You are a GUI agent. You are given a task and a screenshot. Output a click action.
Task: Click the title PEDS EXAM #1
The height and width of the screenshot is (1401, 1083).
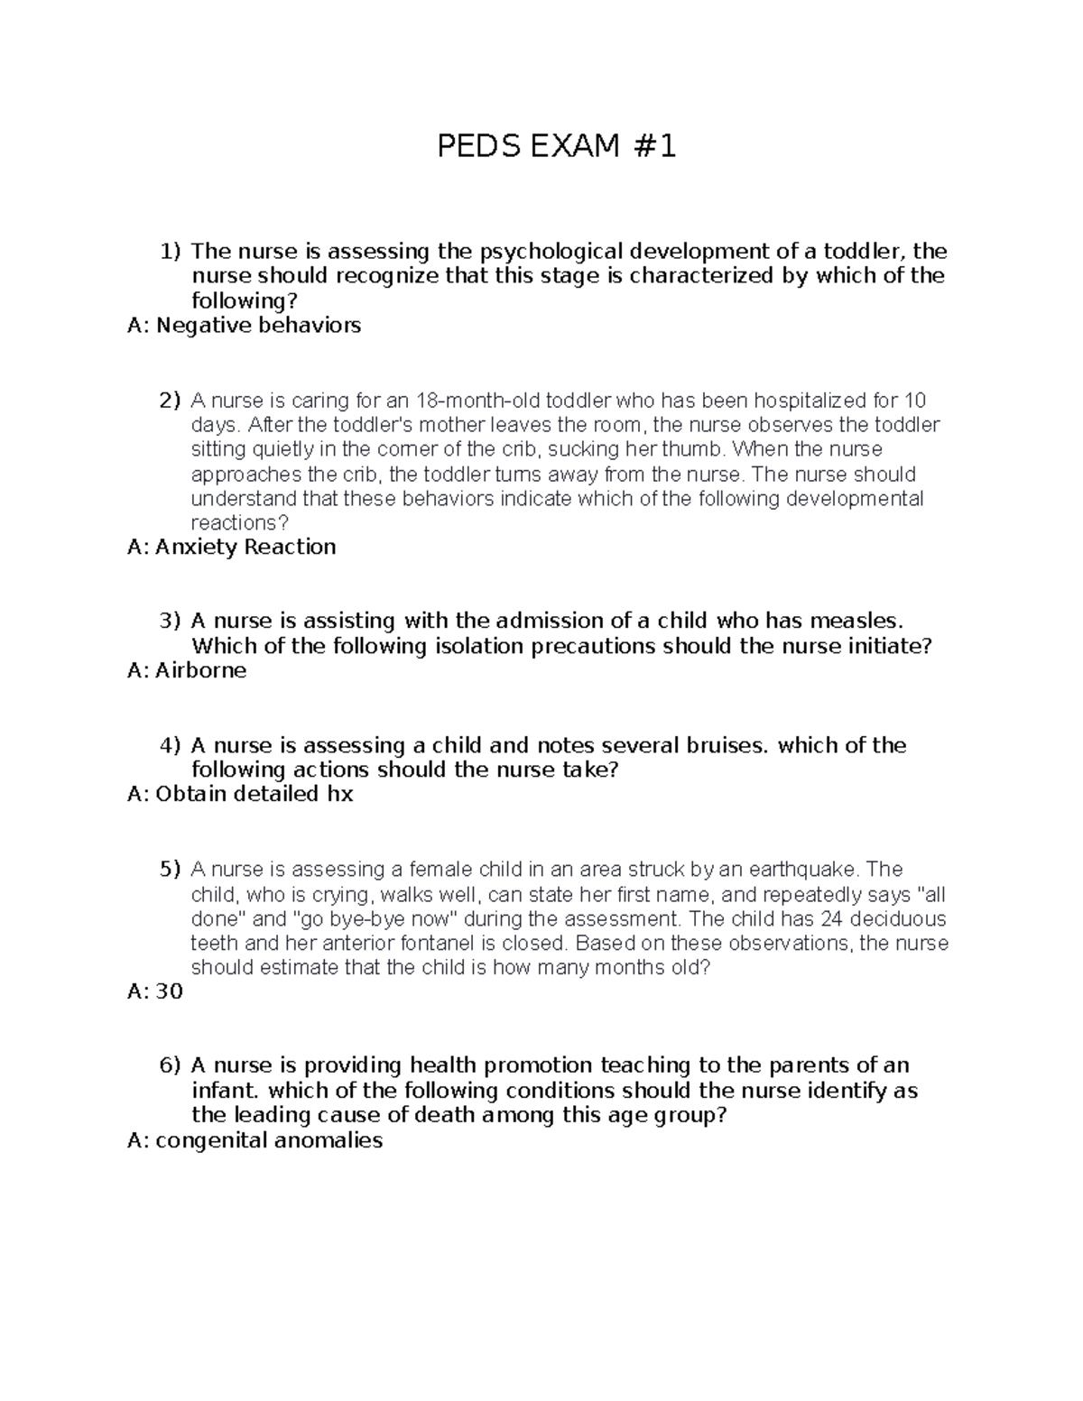(x=556, y=146)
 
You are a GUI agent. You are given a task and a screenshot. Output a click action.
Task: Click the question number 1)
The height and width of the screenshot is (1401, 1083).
(x=171, y=251)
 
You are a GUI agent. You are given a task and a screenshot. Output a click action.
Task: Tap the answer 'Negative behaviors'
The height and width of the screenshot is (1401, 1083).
(x=258, y=326)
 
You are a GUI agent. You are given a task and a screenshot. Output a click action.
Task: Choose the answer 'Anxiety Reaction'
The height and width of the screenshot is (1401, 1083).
(x=245, y=548)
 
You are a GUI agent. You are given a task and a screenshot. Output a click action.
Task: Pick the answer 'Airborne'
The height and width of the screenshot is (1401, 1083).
(x=200, y=670)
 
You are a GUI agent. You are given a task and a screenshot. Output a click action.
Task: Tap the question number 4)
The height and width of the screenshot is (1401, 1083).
(x=171, y=745)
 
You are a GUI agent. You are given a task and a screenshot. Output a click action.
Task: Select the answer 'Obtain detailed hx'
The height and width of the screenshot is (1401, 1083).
(x=254, y=795)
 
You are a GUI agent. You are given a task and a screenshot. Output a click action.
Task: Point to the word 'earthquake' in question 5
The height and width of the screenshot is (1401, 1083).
(x=811, y=870)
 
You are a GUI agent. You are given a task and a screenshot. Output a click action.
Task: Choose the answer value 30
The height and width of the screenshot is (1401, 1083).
(x=169, y=992)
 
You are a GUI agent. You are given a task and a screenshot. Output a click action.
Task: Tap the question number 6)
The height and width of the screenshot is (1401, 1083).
(x=171, y=1065)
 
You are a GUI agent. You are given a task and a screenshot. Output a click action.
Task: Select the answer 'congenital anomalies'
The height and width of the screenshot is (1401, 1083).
(x=269, y=1141)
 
